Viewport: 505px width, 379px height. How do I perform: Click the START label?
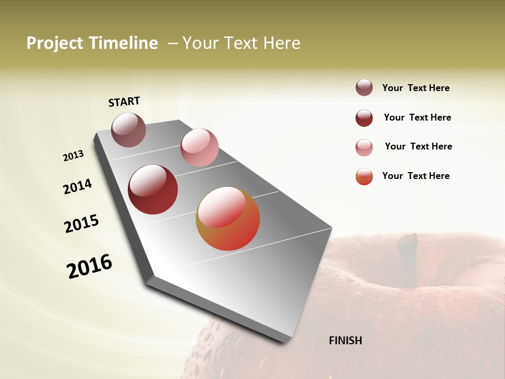124,102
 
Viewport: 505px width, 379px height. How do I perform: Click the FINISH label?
345,341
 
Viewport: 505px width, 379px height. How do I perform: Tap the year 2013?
74,156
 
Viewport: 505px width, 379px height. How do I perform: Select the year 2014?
78,186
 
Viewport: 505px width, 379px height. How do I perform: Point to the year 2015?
82,224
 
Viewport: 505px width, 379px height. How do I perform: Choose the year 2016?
89,266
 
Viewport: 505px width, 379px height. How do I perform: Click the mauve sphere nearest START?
129,129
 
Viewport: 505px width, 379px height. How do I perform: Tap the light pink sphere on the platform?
199,147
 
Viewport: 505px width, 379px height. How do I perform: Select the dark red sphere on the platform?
153,189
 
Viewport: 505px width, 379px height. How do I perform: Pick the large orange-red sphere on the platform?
228,218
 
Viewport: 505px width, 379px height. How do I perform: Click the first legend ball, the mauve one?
364,88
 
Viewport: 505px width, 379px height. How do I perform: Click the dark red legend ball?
364,118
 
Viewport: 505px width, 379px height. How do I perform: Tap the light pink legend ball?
364,147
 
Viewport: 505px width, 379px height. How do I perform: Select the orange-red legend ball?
364,176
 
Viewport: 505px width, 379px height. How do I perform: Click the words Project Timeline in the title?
92,43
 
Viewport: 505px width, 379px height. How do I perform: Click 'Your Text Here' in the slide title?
241,43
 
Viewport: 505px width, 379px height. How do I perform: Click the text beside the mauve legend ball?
416,88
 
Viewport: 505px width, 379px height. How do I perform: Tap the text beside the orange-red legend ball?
416,176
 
